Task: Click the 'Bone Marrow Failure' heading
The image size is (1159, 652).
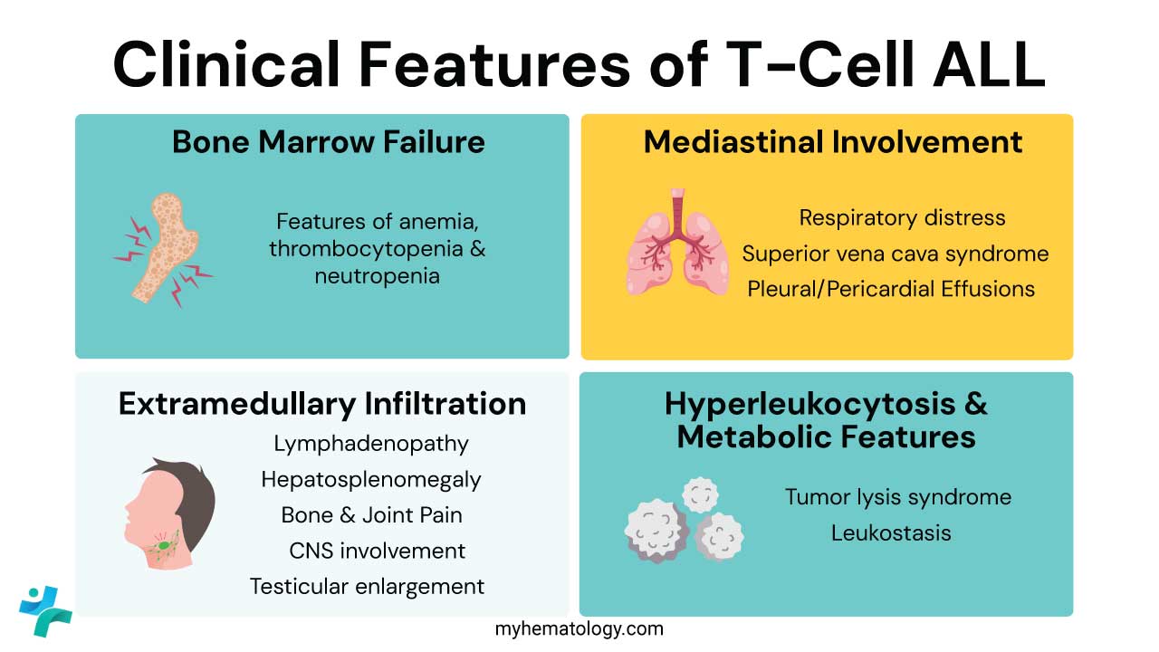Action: pyautogui.click(x=328, y=142)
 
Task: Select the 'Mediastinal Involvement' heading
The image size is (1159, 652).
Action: pyautogui.click(x=833, y=142)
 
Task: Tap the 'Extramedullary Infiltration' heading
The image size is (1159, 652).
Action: pyautogui.click(x=322, y=403)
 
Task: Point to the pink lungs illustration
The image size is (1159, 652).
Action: pyautogui.click(x=677, y=244)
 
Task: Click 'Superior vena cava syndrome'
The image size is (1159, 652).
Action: pyautogui.click(x=896, y=254)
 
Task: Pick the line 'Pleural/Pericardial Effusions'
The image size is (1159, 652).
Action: pyautogui.click(x=891, y=289)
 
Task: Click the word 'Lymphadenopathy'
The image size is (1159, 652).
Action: pyautogui.click(x=371, y=444)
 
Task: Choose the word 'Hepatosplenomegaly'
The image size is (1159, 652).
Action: pyautogui.click(x=371, y=479)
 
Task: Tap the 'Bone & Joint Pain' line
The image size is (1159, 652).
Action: pyautogui.click(x=371, y=515)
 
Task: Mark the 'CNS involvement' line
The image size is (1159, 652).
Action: pyautogui.click(x=378, y=551)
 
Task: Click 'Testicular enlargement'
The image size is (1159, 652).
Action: pyautogui.click(x=368, y=586)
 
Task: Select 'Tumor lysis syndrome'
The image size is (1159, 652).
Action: pyautogui.click(x=897, y=497)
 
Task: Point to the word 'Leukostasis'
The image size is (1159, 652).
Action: pyautogui.click(x=891, y=532)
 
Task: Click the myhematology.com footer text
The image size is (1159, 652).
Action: pyautogui.click(x=579, y=628)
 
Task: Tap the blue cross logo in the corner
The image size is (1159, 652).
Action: pyautogui.click(x=44, y=610)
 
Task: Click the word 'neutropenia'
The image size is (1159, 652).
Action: pyautogui.click(x=377, y=276)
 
